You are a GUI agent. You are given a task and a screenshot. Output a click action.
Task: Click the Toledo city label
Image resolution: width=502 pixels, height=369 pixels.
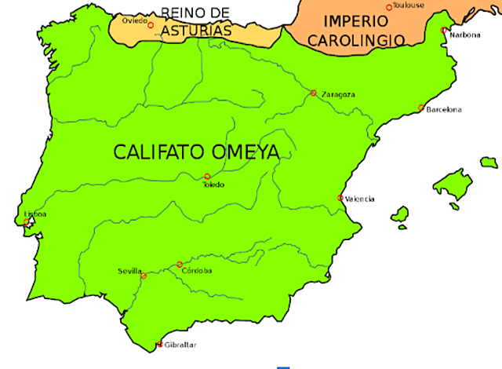[x=213, y=184]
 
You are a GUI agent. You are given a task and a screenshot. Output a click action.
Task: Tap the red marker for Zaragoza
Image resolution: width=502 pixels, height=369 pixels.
[x=313, y=93]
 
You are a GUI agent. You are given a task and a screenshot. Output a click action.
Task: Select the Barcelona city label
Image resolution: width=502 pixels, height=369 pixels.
[x=444, y=110]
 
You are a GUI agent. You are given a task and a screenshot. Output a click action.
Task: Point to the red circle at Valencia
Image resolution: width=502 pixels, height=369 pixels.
[x=340, y=198]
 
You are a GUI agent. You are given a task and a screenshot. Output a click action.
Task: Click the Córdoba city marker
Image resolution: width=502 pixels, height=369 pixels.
[x=180, y=265]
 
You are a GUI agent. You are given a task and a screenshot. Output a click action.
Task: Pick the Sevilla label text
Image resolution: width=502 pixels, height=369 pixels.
[x=129, y=271]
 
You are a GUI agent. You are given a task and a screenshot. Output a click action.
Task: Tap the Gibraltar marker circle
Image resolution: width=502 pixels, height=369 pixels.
[x=160, y=344]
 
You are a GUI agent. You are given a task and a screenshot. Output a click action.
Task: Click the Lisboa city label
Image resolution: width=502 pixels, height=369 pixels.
[x=35, y=214]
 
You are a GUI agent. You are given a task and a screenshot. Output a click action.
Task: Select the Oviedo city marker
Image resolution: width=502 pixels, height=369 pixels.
[x=151, y=25]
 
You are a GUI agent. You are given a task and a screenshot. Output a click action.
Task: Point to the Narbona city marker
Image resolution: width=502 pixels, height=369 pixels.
[x=444, y=30]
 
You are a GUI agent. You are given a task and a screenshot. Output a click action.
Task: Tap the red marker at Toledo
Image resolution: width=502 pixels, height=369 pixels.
[x=207, y=177]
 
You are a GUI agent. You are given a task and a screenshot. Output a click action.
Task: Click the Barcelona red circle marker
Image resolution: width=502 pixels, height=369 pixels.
[x=421, y=108]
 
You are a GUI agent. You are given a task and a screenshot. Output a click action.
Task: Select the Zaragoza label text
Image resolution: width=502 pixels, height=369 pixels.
[x=338, y=95]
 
